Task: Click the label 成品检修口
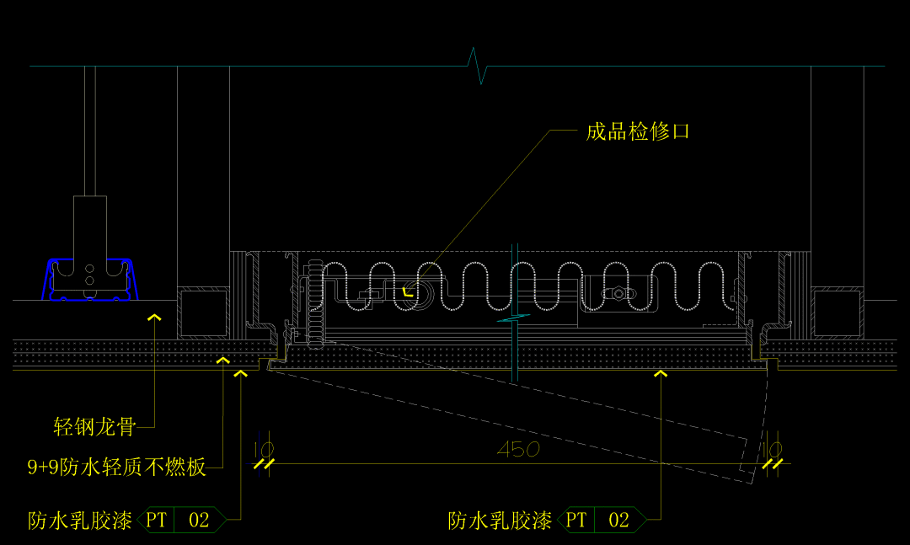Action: click(638, 131)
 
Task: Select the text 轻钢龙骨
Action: click(94, 427)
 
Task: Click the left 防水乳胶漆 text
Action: click(80, 520)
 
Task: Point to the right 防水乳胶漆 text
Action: click(500, 521)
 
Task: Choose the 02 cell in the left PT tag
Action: click(199, 520)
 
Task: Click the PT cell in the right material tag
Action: click(576, 521)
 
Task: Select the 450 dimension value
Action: click(517, 450)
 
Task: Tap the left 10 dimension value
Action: click(263, 450)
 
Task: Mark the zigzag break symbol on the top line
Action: click(479, 66)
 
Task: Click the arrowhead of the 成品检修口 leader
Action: click(407, 293)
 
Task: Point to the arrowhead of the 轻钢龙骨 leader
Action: click(154, 318)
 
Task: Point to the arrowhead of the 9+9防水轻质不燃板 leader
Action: click(222, 361)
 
